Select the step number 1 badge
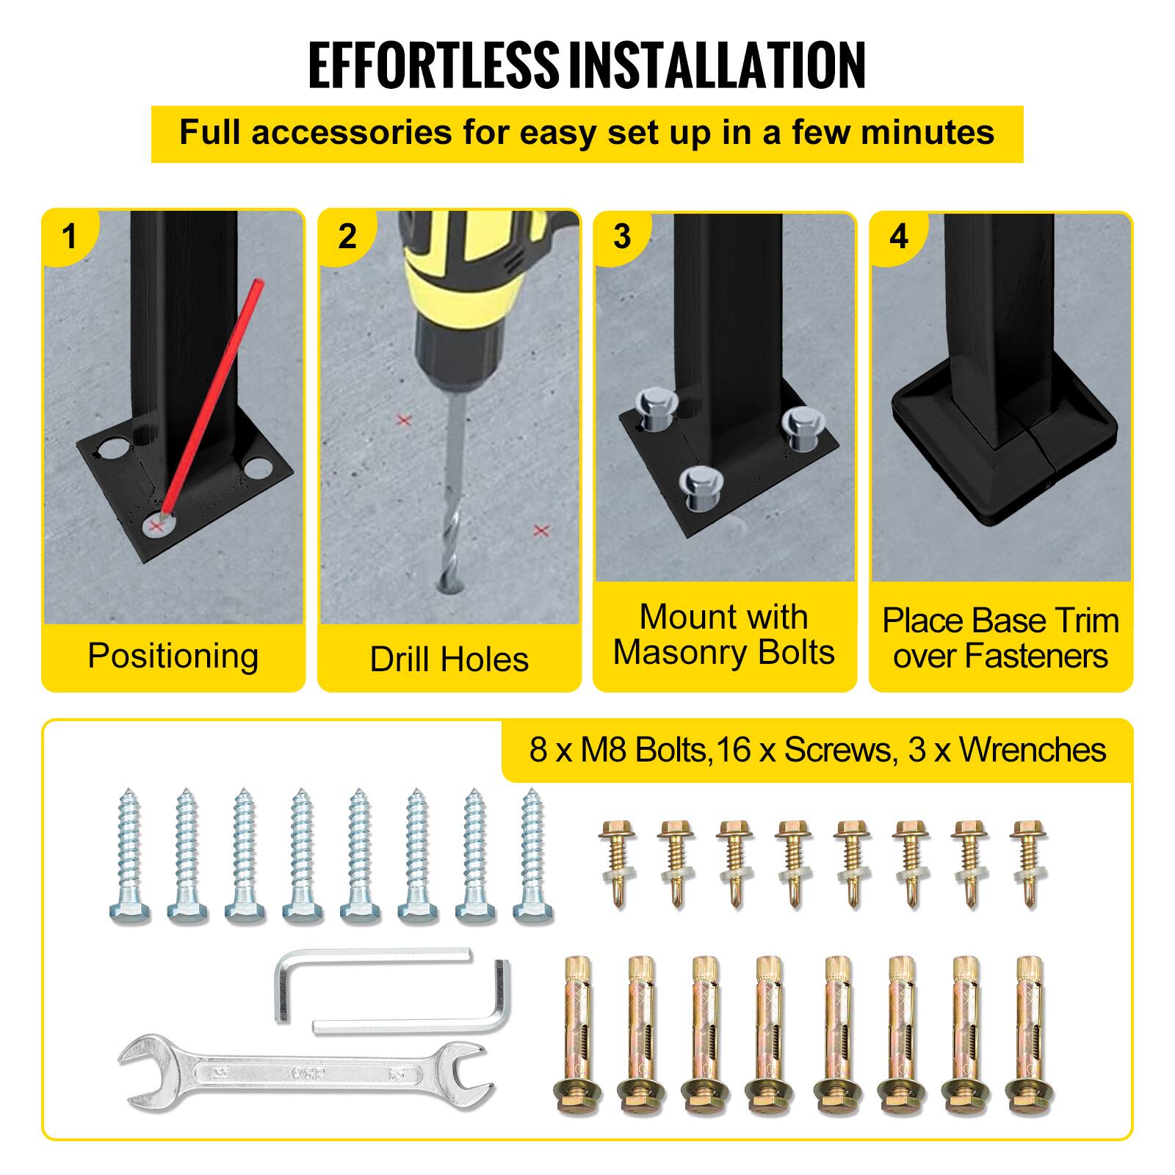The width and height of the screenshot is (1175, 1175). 70,236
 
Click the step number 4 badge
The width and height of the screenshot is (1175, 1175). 898,236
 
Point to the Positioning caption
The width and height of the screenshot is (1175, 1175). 173,656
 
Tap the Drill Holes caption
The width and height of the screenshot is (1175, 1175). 449,659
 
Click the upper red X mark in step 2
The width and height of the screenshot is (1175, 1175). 403,420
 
